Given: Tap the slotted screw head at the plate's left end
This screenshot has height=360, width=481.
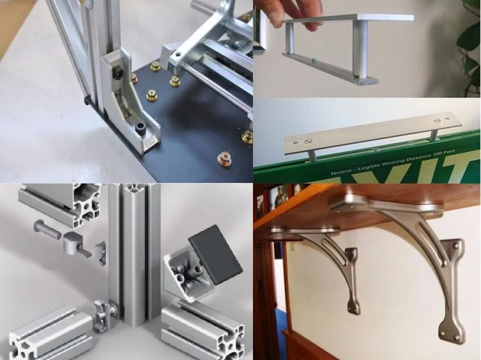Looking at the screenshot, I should click(307, 141).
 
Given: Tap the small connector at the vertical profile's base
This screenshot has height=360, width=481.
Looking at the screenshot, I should click(103, 313).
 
